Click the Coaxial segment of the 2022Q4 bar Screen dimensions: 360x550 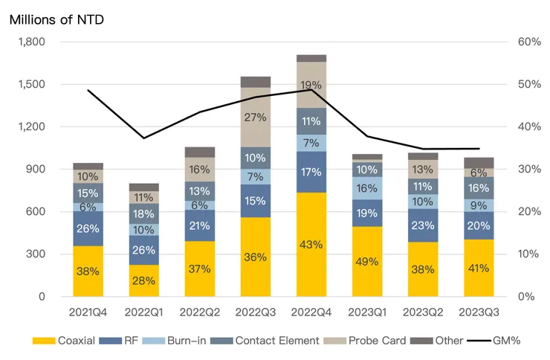pyautogui.click(x=311, y=244)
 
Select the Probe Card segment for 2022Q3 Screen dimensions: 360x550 pyautogui.click(x=256, y=117)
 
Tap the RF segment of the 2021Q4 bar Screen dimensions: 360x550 pyautogui.click(x=88, y=228)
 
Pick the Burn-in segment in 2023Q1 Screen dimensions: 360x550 pyautogui.click(x=367, y=188)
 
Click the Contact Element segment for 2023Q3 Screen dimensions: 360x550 pyautogui.click(x=479, y=188)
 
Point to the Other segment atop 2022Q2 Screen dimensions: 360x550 pyautogui.click(x=200, y=152)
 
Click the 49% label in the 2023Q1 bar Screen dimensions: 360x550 pyautogui.click(x=367, y=262)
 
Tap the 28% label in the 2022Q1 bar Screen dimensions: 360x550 pyautogui.click(x=144, y=280)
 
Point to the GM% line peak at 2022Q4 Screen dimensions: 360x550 pyautogui.click(x=311, y=90)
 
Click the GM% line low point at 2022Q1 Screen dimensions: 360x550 pyautogui.click(x=144, y=138)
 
